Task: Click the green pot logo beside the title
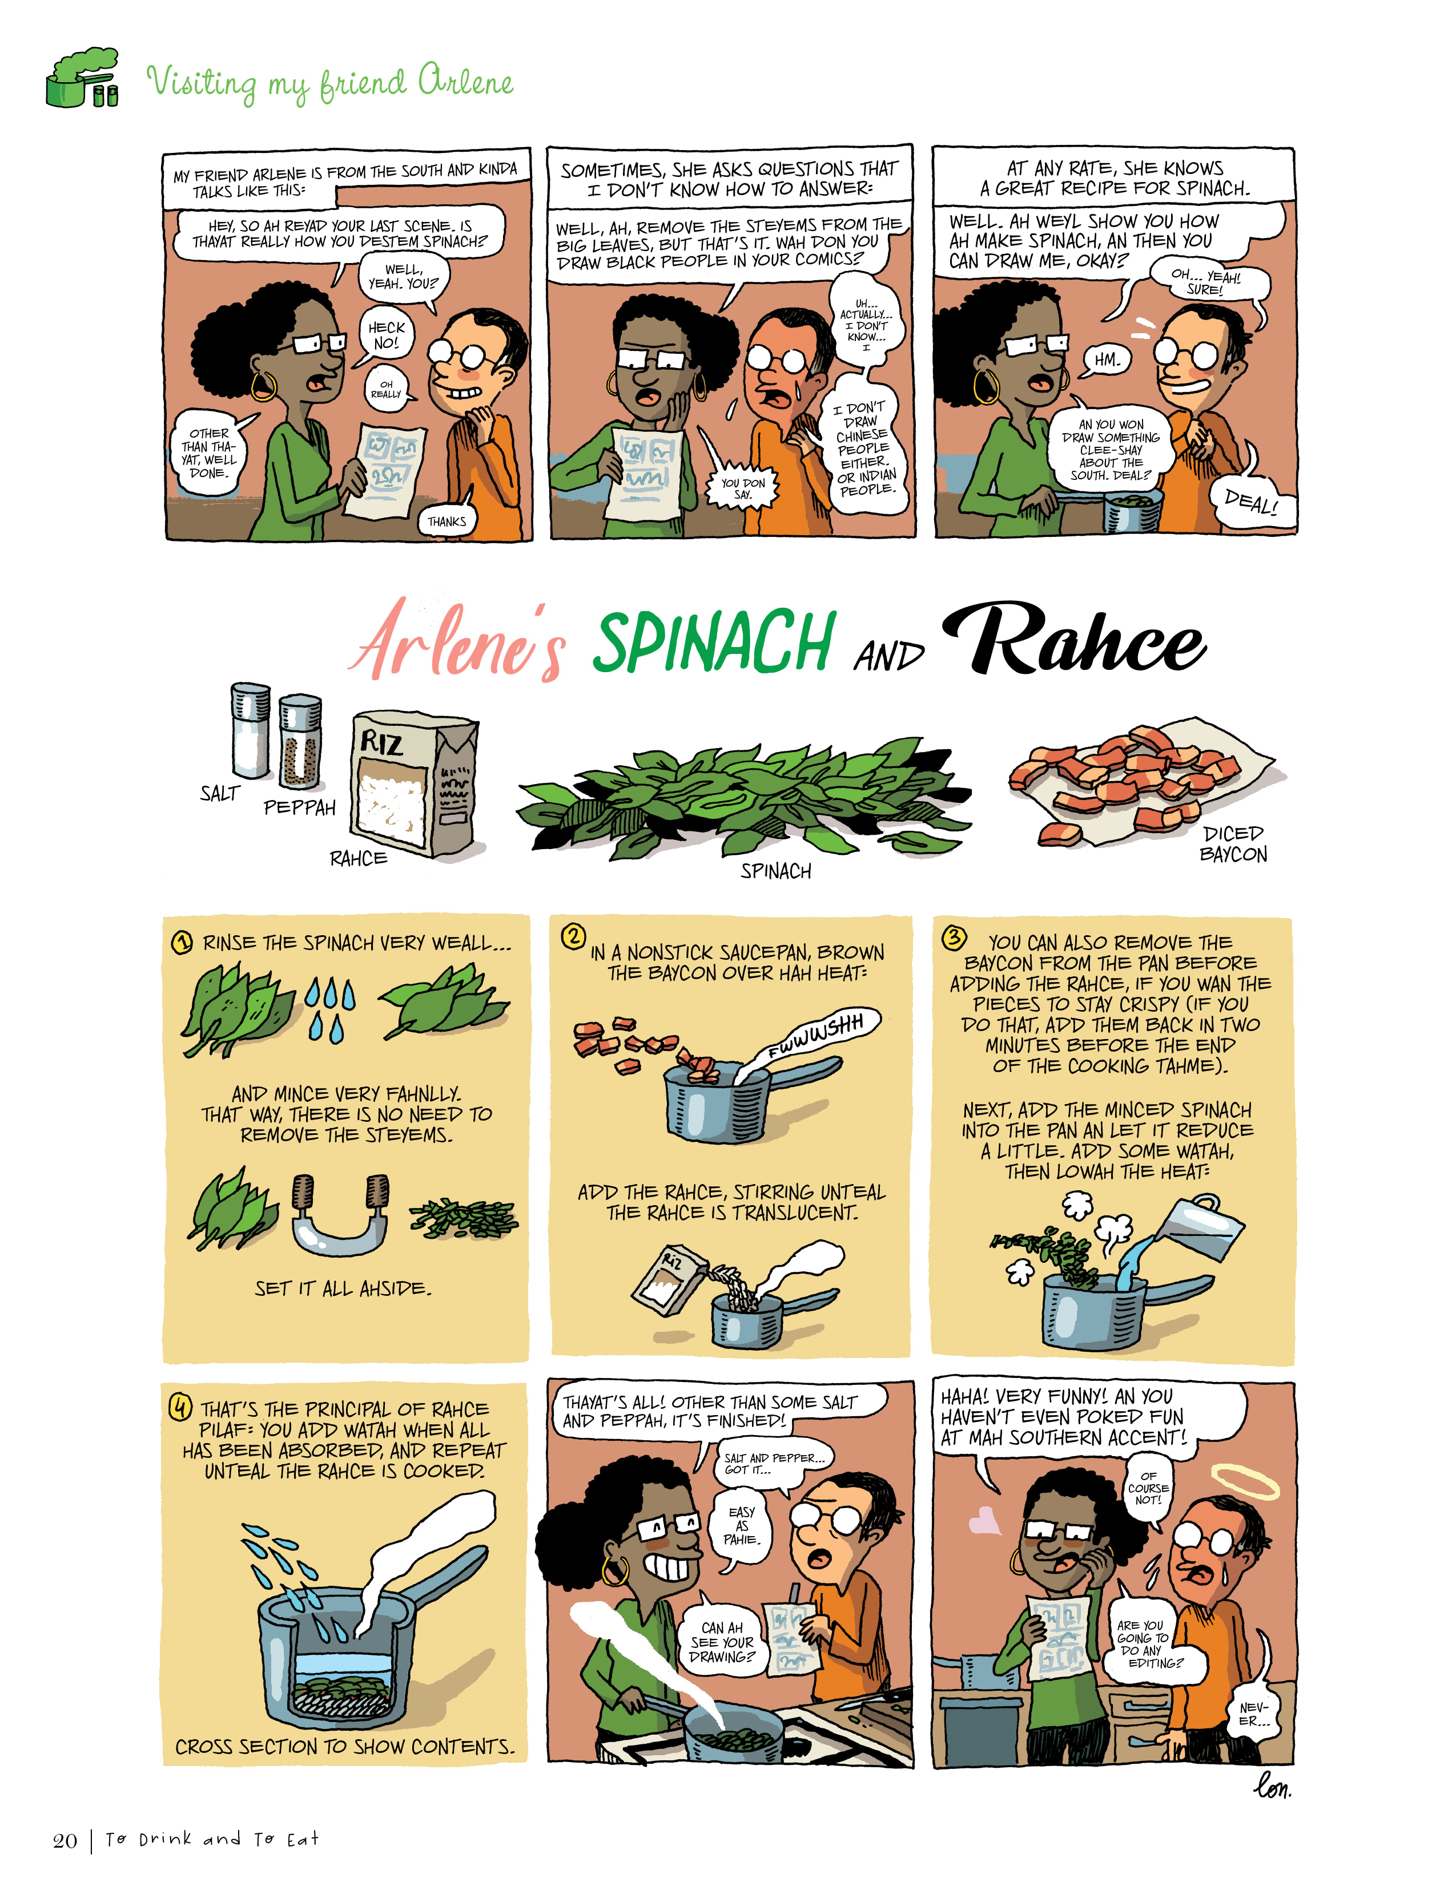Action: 82,79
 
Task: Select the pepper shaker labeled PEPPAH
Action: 300,742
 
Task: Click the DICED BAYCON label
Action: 1233,844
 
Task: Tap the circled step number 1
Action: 182,943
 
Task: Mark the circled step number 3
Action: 953,938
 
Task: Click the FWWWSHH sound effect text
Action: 815,1036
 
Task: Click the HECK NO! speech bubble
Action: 385,334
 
